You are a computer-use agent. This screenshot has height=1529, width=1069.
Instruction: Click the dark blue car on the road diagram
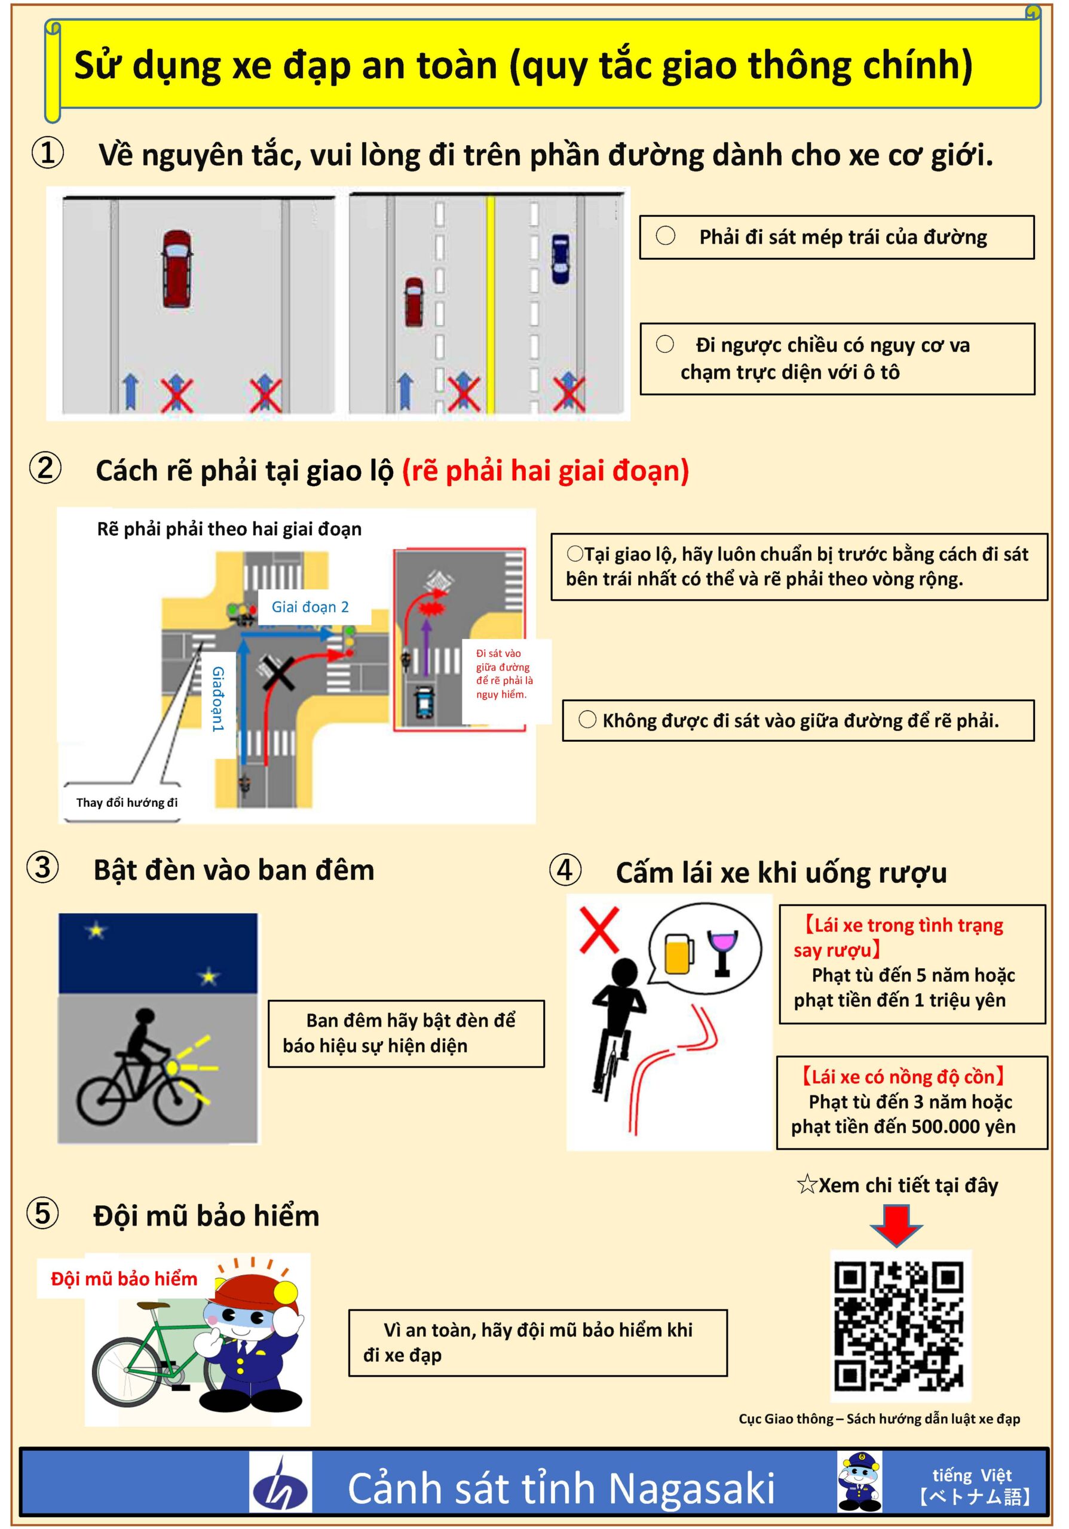(560, 259)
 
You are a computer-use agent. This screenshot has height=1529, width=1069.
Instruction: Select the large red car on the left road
(177, 268)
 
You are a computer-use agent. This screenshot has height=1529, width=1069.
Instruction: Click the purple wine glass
(722, 952)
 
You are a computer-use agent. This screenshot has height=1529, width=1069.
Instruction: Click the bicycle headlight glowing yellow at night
(172, 1067)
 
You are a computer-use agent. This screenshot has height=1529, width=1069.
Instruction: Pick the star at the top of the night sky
(97, 930)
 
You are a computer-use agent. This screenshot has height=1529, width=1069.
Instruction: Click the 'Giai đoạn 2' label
(310, 607)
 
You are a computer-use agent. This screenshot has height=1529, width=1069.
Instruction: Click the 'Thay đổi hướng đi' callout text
(127, 803)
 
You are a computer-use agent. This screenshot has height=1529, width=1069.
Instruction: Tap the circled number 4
(565, 870)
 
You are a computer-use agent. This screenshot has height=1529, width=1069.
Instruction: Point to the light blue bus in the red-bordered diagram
(424, 701)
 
